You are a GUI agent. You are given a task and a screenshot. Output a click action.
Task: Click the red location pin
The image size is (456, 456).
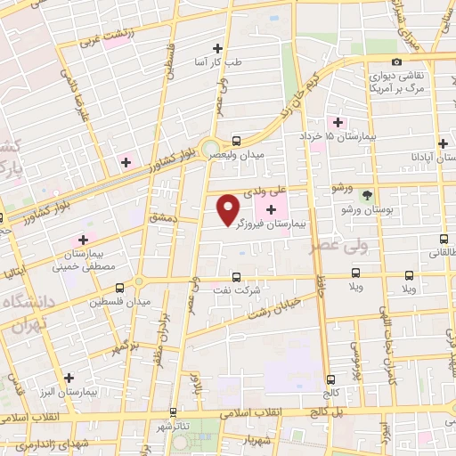(229, 208)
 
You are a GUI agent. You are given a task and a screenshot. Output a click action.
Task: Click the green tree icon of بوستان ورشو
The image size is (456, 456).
(367, 196)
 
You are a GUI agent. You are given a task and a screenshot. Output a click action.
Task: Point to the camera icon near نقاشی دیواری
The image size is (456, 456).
(396, 61)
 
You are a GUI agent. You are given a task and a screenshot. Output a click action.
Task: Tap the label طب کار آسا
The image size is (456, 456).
(219, 63)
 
